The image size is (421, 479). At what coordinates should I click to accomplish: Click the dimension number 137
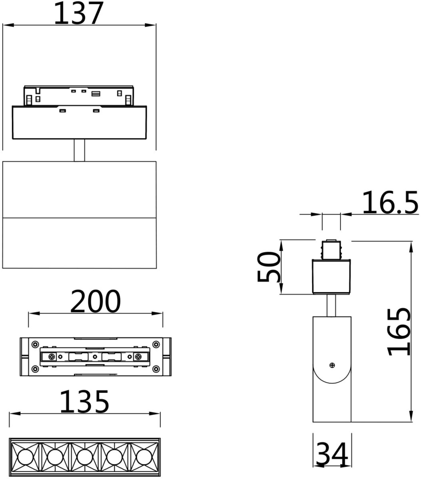point(79,13)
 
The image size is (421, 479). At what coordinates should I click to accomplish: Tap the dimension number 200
point(96,301)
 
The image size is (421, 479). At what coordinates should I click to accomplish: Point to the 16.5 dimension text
point(390,203)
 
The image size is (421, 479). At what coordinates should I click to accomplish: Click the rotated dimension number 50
point(268,267)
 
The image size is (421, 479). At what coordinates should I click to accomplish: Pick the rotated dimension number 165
point(399,332)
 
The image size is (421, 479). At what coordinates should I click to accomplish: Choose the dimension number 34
point(332,454)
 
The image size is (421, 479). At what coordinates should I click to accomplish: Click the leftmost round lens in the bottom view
point(25,457)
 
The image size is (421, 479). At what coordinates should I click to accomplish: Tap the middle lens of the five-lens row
point(85,457)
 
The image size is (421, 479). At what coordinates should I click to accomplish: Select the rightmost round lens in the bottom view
point(144,457)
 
